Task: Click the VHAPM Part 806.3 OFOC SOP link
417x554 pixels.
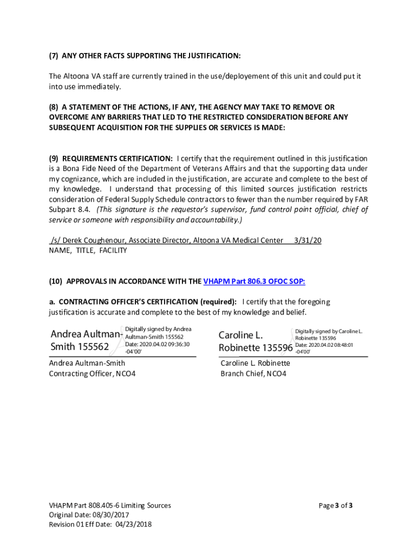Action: tap(254, 281)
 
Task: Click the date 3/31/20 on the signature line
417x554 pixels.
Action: tap(308, 240)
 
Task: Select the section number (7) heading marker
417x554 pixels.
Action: tap(54, 56)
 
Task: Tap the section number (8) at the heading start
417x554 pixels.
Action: tap(54, 107)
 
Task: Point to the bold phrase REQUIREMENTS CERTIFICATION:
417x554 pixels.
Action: tap(118, 159)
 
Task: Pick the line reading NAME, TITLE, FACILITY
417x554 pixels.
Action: tap(88, 250)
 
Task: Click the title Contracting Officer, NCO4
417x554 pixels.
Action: tap(92, 373)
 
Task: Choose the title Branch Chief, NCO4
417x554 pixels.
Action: tap(253, 373)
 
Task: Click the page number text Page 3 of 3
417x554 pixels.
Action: tap(336, 505)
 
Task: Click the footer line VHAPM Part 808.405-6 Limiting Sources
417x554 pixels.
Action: tap(110, 505)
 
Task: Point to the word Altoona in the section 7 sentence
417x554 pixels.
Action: tap(76, 76)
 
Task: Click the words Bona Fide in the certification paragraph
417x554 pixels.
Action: tap(74, 169)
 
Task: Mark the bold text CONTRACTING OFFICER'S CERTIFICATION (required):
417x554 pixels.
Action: tap(147, 301)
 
